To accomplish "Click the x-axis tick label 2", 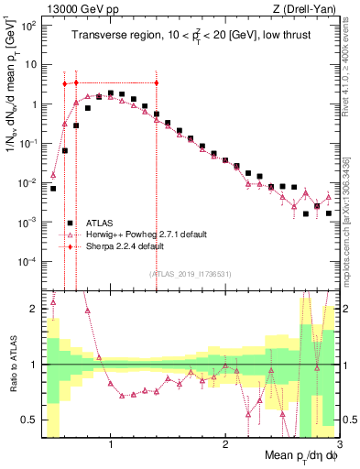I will tap(225, 445).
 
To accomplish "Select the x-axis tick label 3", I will tap(339, 445).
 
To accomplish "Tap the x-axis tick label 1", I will tap(111, 445).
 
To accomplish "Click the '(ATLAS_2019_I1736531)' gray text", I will tap(191, 274).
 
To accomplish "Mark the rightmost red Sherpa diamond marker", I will tap(157, 82).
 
